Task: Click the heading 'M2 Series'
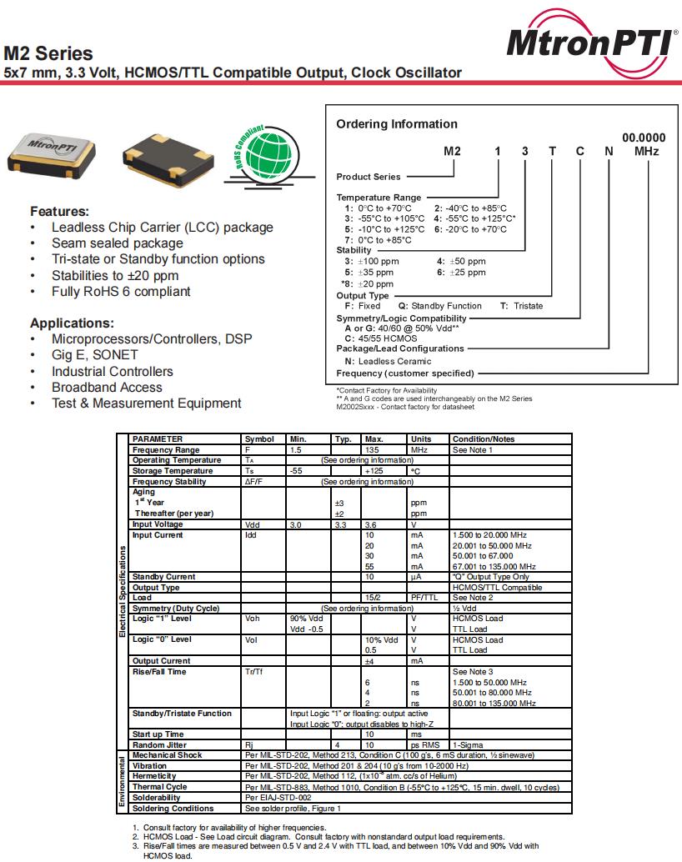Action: [x=48, y=53]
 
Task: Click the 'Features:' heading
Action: [x=59, y=212]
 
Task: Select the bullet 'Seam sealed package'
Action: [x=117, y=243]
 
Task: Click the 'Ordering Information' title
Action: [x=397, y=124]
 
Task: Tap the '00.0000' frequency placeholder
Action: [x=644, y=138]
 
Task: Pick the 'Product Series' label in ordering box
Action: [x=368, y=177]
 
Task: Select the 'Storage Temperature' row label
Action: [x=177, y=471]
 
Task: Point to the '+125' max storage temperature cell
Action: [x=373, y=471]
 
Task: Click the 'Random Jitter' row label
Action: [x=158, y=744]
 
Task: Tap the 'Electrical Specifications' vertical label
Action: [x=123, y=592]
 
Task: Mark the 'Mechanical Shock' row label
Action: [x=167, y=755]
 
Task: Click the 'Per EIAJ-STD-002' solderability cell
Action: [x=278, y=798]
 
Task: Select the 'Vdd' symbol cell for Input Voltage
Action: [x=252, y=524]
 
